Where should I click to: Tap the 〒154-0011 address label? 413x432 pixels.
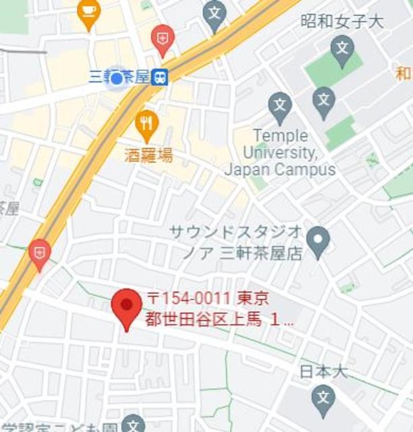pos(220,308)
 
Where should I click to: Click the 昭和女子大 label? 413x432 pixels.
pos(341,21)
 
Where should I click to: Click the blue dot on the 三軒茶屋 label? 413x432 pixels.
pos(116,78)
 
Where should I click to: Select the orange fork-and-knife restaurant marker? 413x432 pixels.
pos(146,123)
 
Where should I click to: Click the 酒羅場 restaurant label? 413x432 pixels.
pos(148,156)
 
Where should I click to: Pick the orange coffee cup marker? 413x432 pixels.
pos(88,11)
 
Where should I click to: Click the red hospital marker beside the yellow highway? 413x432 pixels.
pos(39,253)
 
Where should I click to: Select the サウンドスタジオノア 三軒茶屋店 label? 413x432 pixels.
pos(236,242)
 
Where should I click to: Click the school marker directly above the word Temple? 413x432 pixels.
pos(279,106)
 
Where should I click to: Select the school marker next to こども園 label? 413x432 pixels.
pos(134,425)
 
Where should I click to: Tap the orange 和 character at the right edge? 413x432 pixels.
pos(404,72)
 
